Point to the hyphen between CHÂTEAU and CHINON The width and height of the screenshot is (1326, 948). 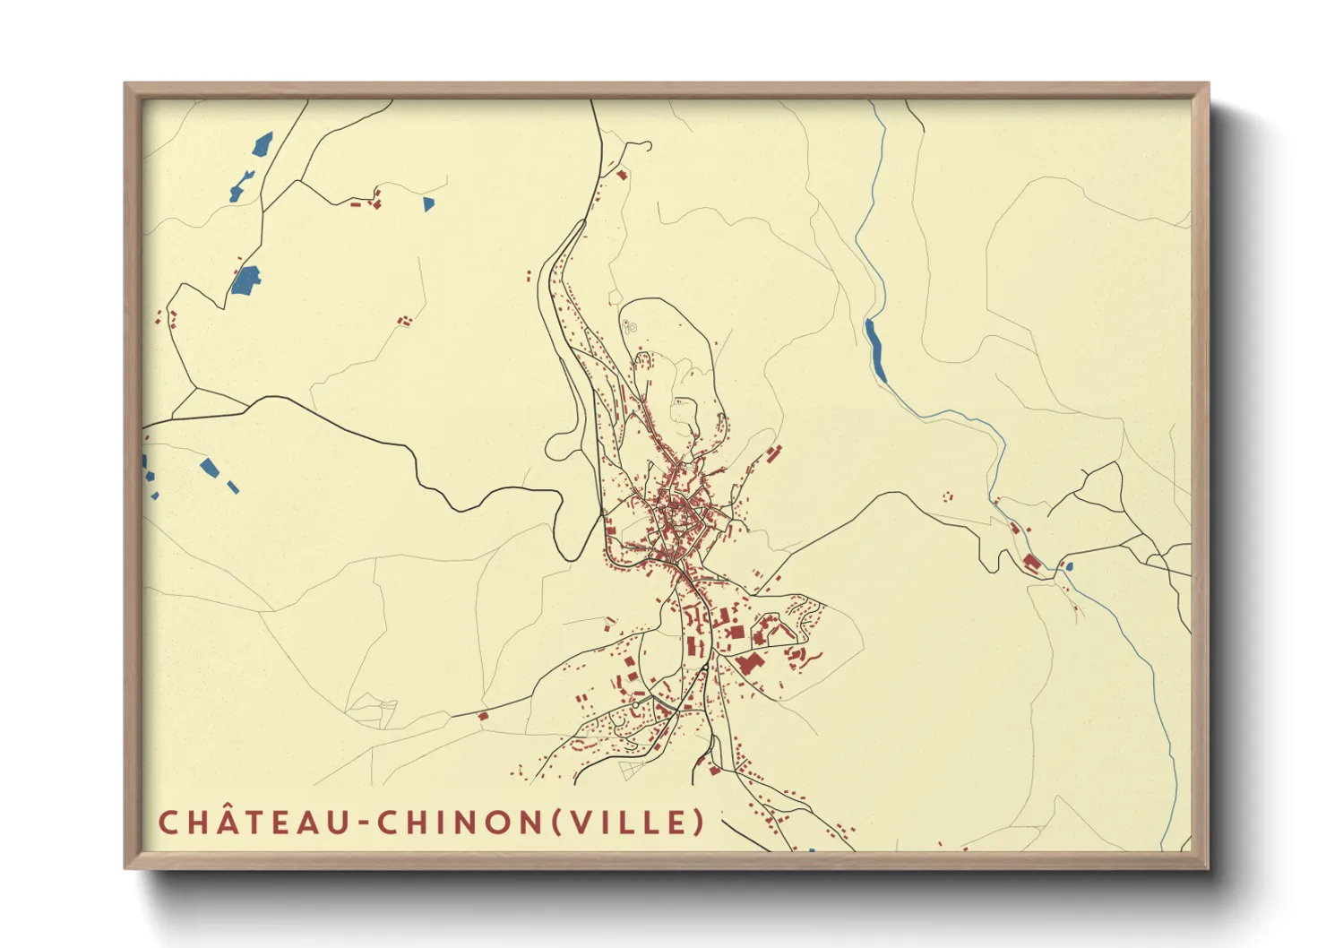click(x=362, y=823)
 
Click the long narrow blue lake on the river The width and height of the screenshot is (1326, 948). click(x=875, y=350)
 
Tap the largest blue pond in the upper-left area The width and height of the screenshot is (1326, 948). click(x=245, y=280)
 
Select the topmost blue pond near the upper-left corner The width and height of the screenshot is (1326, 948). click(x=263, y=143)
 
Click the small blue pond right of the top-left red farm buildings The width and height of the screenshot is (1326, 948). click(x=428, y=204)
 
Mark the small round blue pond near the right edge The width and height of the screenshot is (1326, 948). click(x=1068, y=566)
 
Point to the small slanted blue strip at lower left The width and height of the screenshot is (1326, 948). click(x=233, y=487)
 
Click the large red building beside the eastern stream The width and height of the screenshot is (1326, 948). click(x=1031, y=563)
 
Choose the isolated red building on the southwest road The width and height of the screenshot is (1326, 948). click(x=483, y=715)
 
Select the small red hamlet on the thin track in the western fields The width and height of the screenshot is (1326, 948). click(x=406, y=319)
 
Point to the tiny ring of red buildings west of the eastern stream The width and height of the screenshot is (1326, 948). click(x=948, y=496)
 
